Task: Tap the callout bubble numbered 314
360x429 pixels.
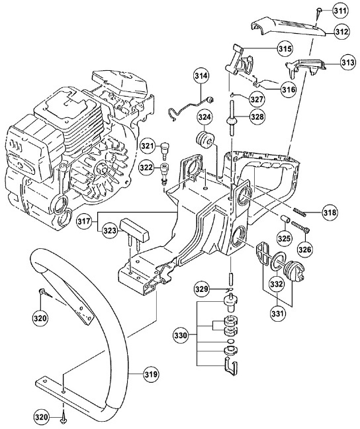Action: tap(202, 76)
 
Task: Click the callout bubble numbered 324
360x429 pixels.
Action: tap(205, 118)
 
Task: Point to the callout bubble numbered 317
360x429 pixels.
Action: tap(84, 221)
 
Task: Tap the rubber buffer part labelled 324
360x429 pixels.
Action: tap(205, 140)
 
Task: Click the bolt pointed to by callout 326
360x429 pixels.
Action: tap(300, 227)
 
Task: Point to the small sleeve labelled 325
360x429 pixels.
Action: tap(285, 219)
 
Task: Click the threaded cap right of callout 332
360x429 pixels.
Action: tap(294, 271)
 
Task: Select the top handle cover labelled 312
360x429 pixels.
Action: tap(288, 26)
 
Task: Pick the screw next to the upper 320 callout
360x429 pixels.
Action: tap(45, 294)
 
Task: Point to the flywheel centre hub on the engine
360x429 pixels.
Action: tap(102, 168)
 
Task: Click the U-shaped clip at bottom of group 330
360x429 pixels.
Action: tap(231, 366)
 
